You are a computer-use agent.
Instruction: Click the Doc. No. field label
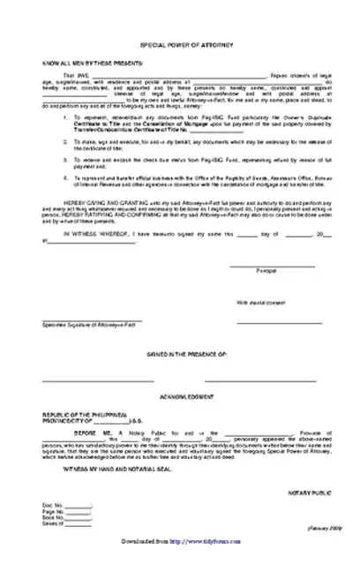click(x=52, y=529)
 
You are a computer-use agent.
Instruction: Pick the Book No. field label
click(x=54, y=541)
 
